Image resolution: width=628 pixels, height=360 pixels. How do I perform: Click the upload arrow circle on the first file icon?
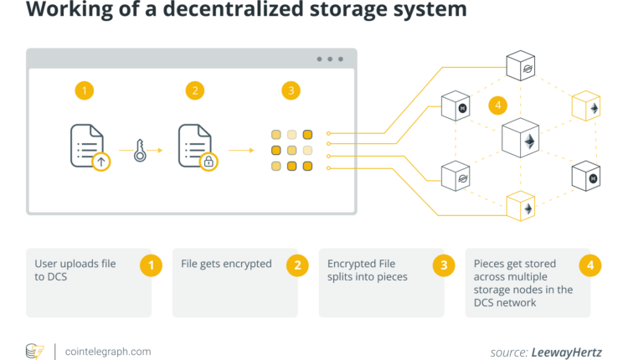(x=100, y=161)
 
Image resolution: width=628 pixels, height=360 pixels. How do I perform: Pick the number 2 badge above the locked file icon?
(x=195, y=90)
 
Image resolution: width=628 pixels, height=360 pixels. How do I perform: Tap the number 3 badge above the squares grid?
(x=291, y=90)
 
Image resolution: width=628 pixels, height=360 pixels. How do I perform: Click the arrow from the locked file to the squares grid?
(x=241, y=151)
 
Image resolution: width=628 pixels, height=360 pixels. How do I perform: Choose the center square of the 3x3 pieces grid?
(x=291, y=151)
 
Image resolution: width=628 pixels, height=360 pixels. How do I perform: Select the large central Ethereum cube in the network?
(x=528, y=139)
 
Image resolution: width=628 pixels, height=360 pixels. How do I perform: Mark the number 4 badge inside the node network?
(x=499, y=105)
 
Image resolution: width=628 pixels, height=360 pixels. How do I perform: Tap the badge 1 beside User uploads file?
(x=150, y=265)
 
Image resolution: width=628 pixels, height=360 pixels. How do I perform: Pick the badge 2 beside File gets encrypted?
(x=296, y=265)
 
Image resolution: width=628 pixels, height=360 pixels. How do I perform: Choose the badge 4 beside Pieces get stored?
(x=589, y=265)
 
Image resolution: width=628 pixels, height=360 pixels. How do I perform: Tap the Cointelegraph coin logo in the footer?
(x=34, y=351)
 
